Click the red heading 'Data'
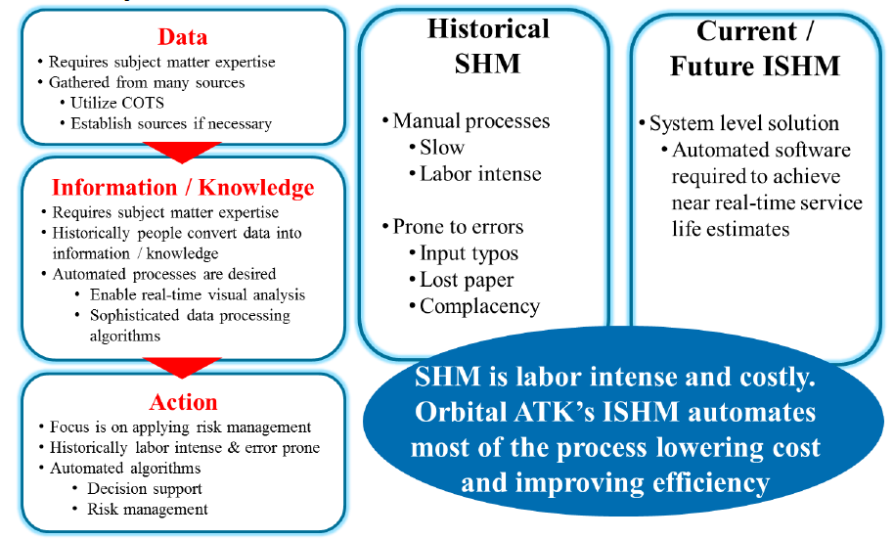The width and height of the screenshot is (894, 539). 183,37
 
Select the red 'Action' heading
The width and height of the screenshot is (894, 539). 183,402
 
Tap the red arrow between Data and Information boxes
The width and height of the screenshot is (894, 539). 182,153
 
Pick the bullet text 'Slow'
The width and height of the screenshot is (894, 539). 442,147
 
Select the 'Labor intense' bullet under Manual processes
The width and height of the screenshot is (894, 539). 480,174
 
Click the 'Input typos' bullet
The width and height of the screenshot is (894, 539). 469,253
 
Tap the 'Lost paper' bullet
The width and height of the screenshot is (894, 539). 467,280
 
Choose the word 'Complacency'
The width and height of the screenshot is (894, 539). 479,306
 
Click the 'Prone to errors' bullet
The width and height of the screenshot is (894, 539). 458,227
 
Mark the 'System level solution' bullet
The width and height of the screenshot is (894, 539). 744,123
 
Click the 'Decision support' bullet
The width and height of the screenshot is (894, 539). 144,489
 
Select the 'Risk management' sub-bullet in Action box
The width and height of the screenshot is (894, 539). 147,510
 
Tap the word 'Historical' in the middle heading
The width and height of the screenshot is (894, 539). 489,29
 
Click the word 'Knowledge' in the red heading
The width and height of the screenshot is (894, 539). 256,188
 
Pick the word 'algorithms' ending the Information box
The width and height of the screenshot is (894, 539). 125,336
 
